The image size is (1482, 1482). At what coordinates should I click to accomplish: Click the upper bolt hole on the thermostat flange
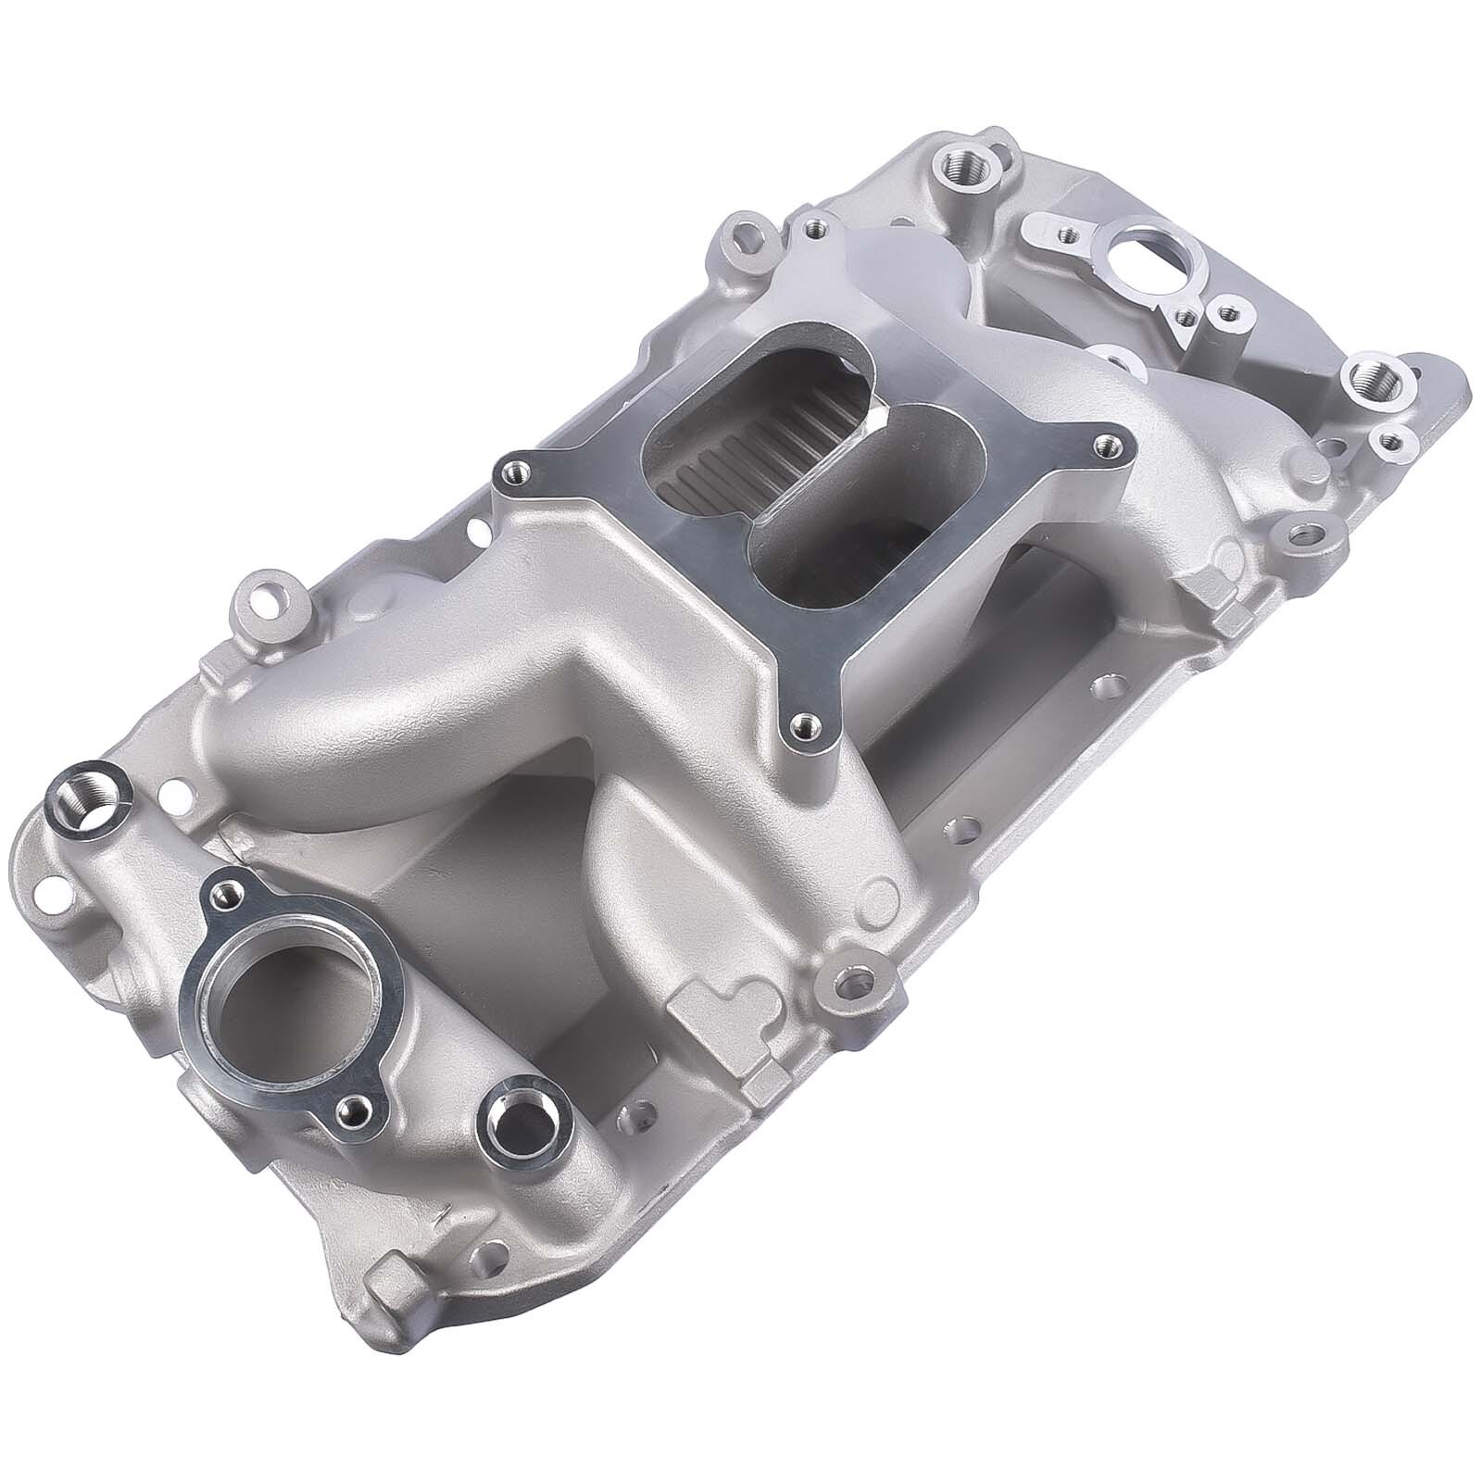(x=222, y=893)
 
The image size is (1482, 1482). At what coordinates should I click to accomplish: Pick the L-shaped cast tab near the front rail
(x=718, y=1019)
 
